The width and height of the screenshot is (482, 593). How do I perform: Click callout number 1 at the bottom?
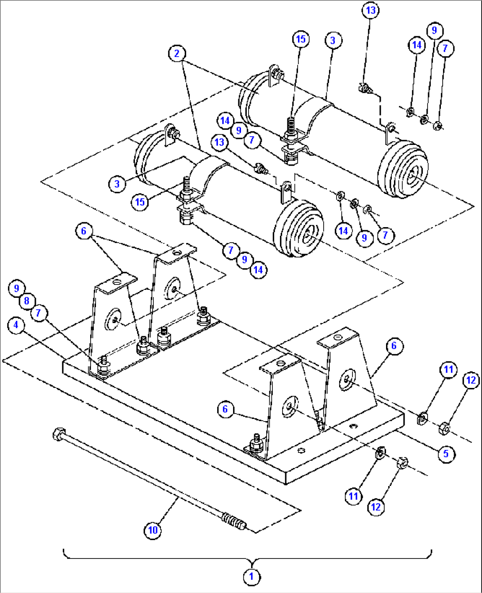[251, 577]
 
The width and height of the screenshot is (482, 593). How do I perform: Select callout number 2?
[177, 53]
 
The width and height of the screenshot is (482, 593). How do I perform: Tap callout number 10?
[153, 529]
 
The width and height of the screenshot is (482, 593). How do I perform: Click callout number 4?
[16, 325]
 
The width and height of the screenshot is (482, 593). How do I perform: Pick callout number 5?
[446, 453]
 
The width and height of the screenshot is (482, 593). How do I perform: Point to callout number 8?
[27, 301]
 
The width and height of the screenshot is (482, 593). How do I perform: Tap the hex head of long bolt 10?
[58, 432]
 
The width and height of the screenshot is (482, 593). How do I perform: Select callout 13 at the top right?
[370, 10]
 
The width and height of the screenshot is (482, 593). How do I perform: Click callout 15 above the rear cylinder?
[301, 39]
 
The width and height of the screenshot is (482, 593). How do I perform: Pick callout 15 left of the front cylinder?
[140, 202]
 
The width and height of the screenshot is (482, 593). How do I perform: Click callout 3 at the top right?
[333, 41]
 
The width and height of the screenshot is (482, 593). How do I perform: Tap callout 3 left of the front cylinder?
[117, 183]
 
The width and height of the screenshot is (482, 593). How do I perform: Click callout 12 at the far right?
[471, 380]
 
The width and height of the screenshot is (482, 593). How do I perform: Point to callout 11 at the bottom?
[353, 496]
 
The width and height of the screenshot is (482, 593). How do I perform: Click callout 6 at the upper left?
[84, 231]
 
